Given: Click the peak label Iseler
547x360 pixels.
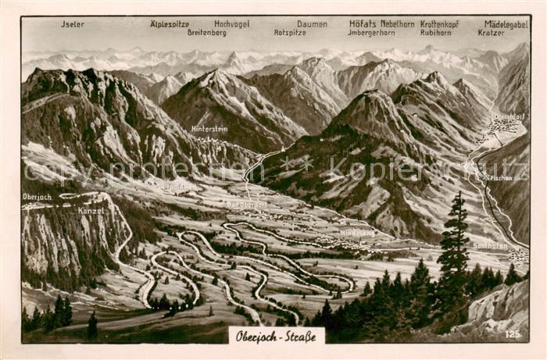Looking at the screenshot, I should coord(73,24).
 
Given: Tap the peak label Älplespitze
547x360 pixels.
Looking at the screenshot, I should coord(170,24).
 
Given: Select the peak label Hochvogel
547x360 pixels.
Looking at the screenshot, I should coord(232,24).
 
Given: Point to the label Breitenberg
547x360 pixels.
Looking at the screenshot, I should coord(206,33).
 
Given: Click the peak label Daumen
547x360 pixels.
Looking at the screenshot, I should coord(312,24).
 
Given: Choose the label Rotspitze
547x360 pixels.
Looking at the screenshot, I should coord(290,33).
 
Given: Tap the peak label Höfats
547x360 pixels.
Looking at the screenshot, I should coord(362,24).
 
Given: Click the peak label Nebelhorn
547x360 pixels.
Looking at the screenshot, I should coord(398,24).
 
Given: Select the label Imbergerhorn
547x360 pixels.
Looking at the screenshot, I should coord(372,33).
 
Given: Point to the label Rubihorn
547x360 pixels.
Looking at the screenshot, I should coord(435,33).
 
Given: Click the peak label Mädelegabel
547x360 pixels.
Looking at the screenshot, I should coord(506,24).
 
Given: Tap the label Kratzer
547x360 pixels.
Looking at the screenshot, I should coord(492,33).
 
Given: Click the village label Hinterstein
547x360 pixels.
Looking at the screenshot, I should coord(209,129).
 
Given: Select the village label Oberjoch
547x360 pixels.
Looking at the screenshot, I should coord(37,197).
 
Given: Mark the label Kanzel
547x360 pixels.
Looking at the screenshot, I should coord(91,211).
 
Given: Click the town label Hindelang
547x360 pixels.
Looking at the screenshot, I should coord(356,233).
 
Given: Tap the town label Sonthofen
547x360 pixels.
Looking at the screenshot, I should coord(490,245).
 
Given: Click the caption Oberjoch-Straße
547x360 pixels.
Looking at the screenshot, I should coord(276,337).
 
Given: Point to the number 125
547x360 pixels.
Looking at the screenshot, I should coord(512,333).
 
